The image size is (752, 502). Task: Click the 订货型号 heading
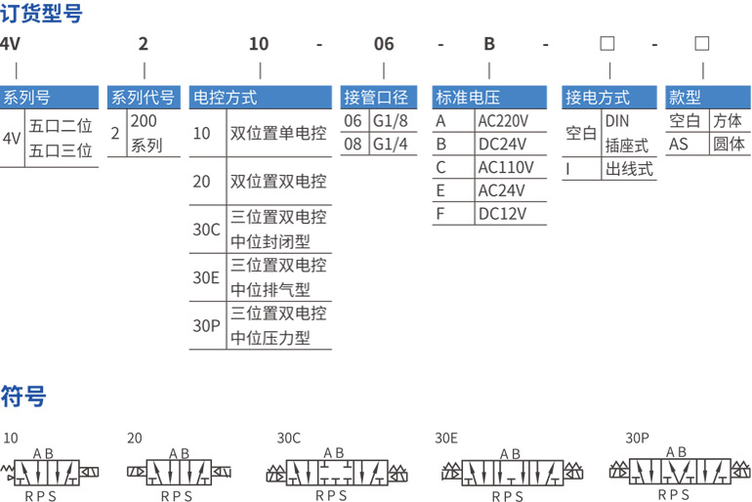41,13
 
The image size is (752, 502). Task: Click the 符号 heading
23,397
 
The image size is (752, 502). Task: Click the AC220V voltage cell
503,121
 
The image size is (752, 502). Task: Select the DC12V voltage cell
502,214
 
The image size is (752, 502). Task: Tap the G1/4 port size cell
391,144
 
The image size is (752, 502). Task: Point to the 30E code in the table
206,277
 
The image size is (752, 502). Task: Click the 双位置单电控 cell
278,133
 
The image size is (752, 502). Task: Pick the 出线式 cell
629,169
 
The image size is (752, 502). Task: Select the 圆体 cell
729,144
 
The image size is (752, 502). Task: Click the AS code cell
679,144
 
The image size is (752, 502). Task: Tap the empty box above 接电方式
607,44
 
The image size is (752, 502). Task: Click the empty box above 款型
701,44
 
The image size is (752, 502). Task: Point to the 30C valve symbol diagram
337,474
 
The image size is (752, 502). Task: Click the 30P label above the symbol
638,438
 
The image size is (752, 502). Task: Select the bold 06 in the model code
384,44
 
